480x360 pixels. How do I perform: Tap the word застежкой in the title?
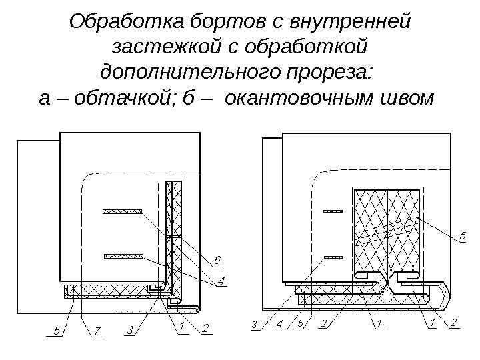159,48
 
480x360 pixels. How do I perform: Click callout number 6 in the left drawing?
217,259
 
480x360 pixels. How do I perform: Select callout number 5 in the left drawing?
57,330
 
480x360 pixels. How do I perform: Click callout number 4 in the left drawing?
221,281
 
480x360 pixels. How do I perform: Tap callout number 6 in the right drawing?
301,325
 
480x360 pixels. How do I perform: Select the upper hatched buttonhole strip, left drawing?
122,212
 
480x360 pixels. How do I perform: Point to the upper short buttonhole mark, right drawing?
333,212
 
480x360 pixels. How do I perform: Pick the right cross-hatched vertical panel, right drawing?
403,230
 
